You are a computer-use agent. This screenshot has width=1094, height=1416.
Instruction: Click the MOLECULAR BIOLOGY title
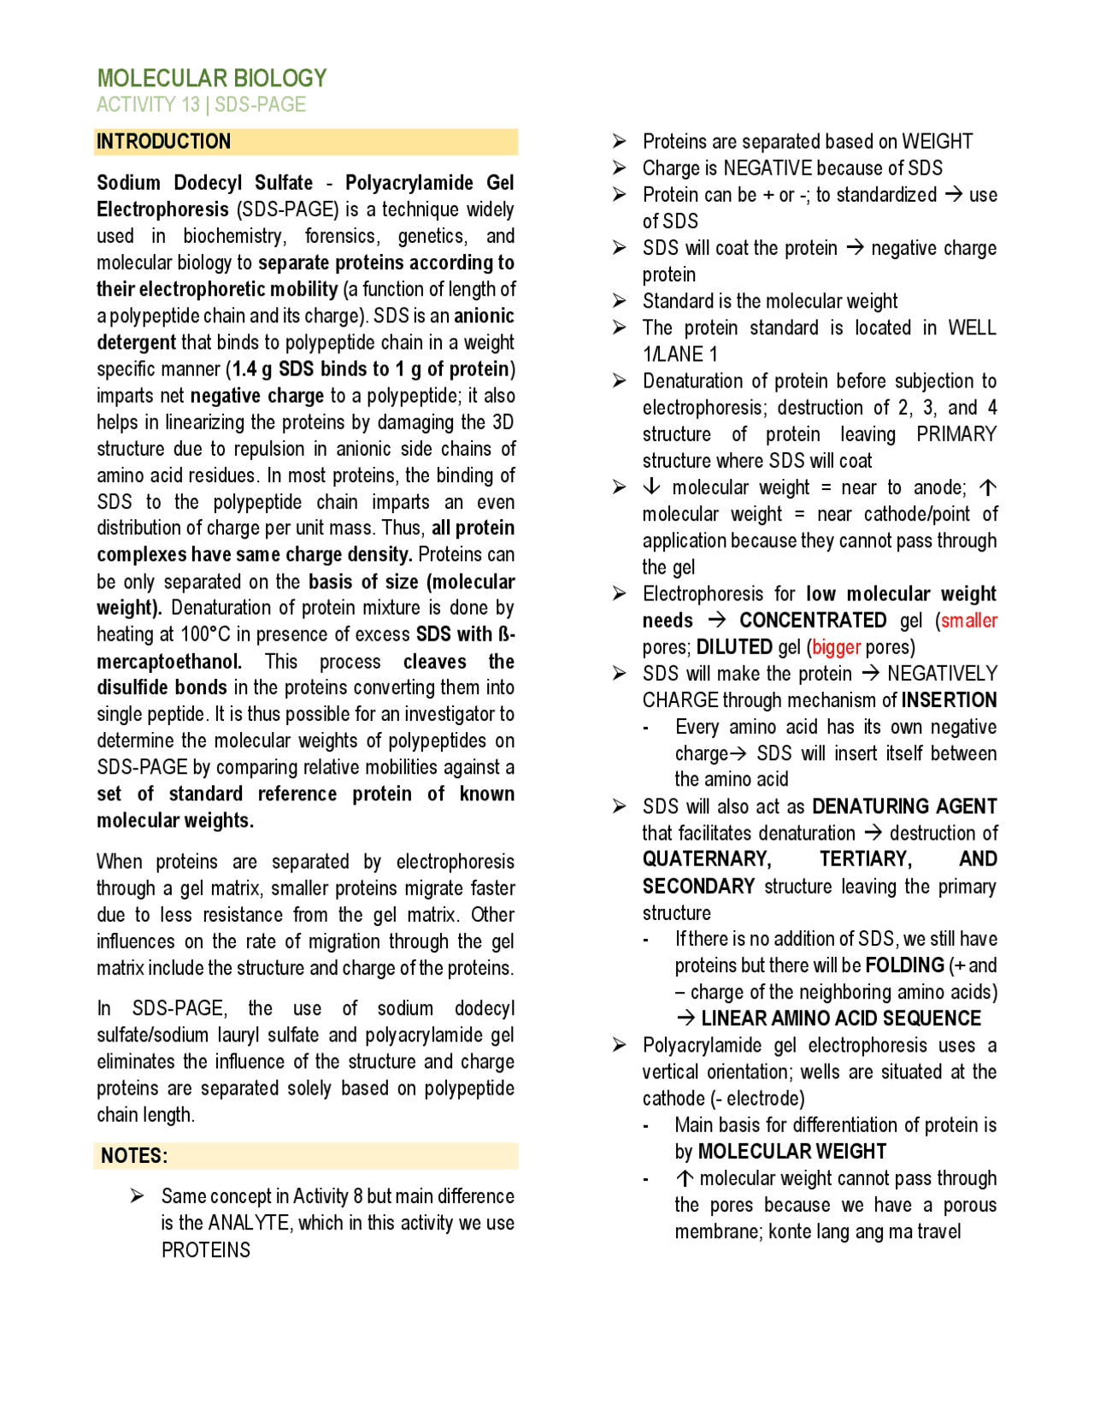(211, 79)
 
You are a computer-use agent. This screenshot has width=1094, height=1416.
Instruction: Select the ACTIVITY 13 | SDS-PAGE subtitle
(201, 105)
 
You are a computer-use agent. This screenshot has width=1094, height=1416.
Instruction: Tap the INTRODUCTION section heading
(163, 142)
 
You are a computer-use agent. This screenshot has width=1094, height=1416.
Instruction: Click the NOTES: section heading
(134, 1156)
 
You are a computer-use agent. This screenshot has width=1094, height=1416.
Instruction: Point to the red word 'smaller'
(968, 621)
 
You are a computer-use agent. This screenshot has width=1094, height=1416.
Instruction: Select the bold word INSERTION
(949, 700)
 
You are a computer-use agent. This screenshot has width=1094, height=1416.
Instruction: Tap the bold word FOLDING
(904, 965)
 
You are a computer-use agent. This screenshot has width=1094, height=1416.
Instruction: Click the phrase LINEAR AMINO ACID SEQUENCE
(840, 1018)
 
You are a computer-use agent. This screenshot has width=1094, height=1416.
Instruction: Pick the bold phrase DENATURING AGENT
(903, 806)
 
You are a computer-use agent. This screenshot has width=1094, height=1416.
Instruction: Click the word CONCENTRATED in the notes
(812, 621)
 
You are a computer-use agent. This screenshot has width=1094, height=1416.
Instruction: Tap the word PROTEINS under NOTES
(205, 1250)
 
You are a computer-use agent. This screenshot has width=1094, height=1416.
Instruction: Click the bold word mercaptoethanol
(168, 662)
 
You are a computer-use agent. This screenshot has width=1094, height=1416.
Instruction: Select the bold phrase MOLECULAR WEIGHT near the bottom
(791, 1152)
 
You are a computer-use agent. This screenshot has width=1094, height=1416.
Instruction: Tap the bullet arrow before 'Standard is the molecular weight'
(620, 301)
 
